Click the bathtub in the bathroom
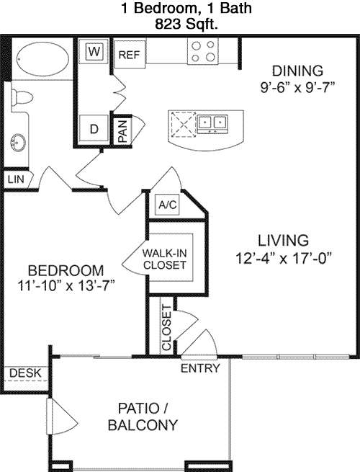[42, 59]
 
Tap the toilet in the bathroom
[22, 97]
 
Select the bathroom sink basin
[18, 143]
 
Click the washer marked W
[94, 51]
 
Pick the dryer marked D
[94, 129]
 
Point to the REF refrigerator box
[130, 55]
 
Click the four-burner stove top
[203, 51]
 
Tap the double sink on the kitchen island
[212, 123]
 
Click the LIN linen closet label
[16, 179]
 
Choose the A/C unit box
[168, 205]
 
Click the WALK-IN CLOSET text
[164, 259]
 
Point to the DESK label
[25, 373]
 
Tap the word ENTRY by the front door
[200, 368]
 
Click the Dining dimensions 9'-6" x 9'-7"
[297, 88]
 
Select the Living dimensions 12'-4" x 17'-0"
[283, 258]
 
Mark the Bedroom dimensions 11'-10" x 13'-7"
[66, 285]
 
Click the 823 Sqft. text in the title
[186, 24]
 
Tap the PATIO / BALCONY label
[143, 417]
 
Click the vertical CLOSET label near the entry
[166, 328]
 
